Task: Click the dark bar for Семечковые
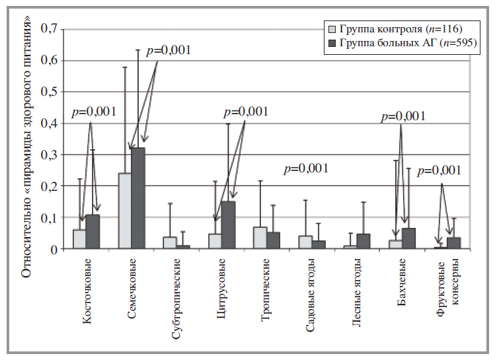click(x=137, y=198)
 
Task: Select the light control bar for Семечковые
click(x=124, y=211)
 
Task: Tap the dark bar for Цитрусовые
click(x=228, y=225)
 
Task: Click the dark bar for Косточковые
click(x=93, y=232)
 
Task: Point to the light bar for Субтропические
click(x=170, y=243)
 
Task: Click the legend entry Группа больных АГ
click(x=410, y=43)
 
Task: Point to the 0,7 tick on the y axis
click(x=50, y=28)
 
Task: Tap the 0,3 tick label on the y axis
click(x=50, y=155)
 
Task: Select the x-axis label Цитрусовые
click(x=223, y=295)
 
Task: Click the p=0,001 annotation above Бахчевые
click(x=404, y=117)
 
